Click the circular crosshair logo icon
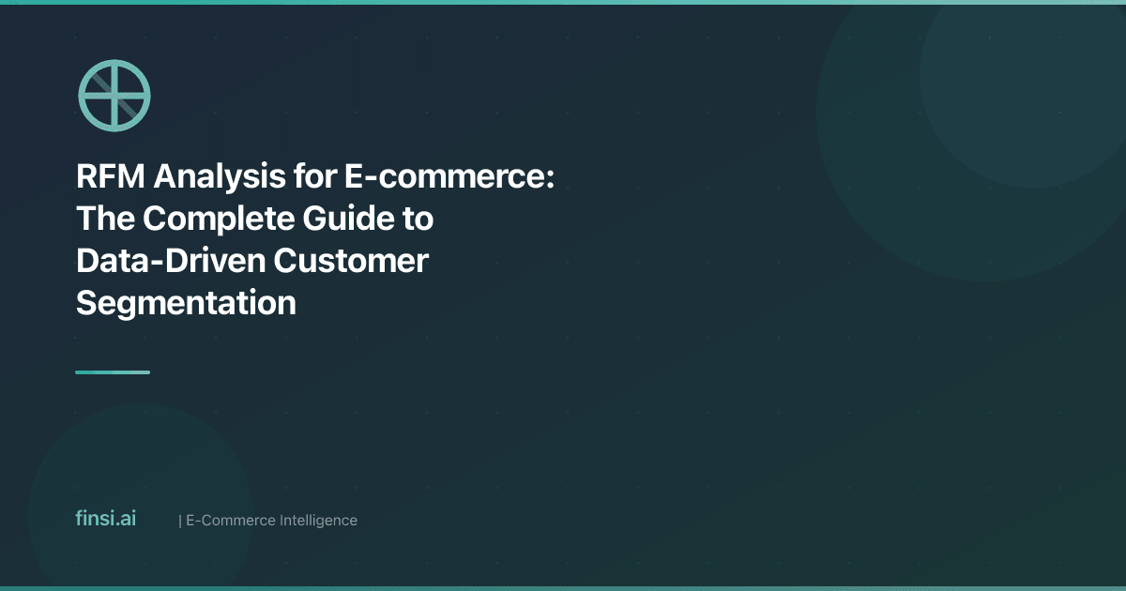114,95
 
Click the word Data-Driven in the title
168,262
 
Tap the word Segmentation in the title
186,303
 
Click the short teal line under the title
113,372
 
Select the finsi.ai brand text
105,519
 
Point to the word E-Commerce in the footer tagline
230,520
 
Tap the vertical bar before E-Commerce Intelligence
179,520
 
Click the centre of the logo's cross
114,95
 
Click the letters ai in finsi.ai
128,519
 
